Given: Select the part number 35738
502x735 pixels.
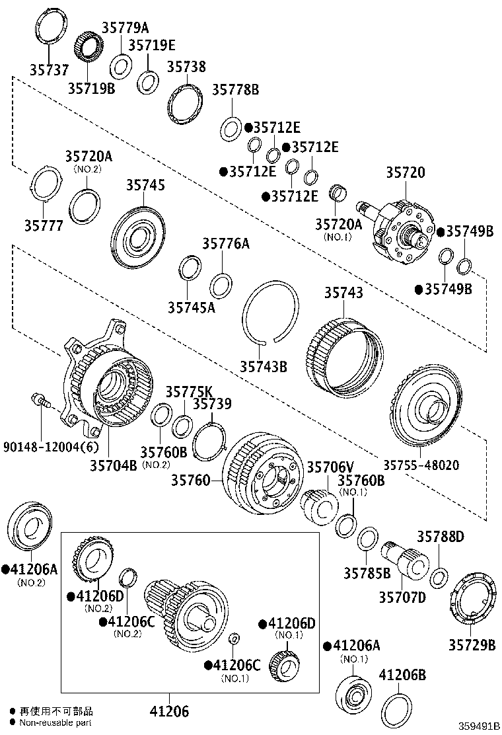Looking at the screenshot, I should [186, 67].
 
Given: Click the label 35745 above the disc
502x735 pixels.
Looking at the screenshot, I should [145, 186].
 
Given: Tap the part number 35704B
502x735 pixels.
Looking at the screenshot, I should [113, 465].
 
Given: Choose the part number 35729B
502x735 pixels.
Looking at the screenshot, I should [472, 644].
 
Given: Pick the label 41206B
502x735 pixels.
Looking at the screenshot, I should [402, 675].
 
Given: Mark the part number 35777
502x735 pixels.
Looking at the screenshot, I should [44, 226].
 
